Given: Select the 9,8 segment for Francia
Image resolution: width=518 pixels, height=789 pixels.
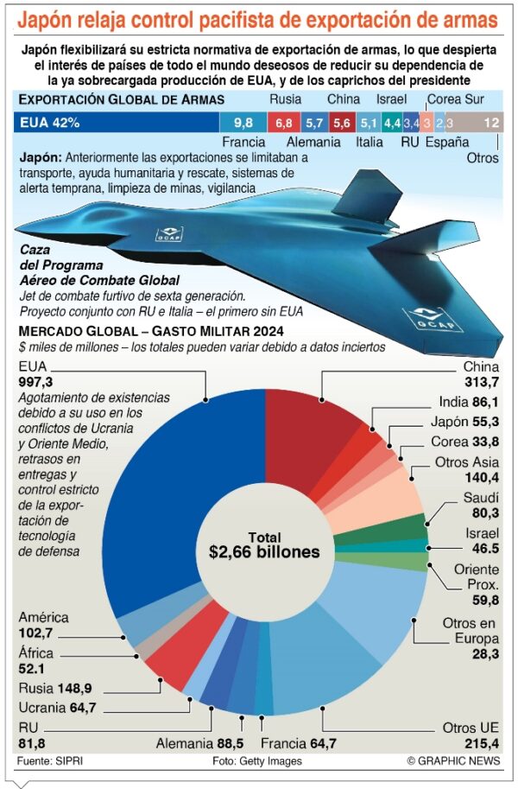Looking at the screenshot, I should [243, 123].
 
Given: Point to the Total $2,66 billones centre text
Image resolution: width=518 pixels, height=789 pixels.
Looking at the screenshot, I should [264, 544].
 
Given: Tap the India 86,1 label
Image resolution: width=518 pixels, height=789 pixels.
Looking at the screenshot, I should [469, 402].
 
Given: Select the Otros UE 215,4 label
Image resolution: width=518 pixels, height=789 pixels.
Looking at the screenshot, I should [471, 736].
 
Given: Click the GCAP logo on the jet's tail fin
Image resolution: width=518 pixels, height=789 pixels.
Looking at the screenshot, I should [167, 232].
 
